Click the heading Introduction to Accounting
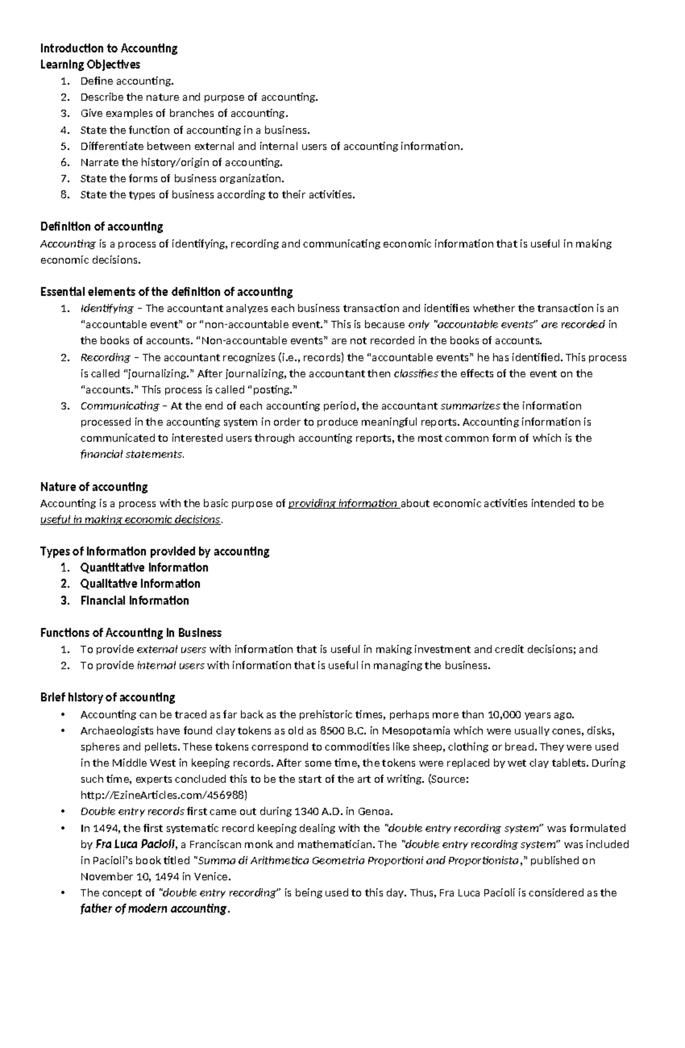pos(108,49)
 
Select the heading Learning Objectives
pos(90,65)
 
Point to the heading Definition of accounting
pos(102,227)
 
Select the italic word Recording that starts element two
pos(105,358)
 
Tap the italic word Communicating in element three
pos(119,406)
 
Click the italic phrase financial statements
pos(132,455)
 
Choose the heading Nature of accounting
pos(94,487)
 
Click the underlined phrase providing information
pos(342,504)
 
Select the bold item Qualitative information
pos(140,584)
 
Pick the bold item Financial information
pos(134,600)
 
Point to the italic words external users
pos(172,649)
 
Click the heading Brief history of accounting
pos(107,697)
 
